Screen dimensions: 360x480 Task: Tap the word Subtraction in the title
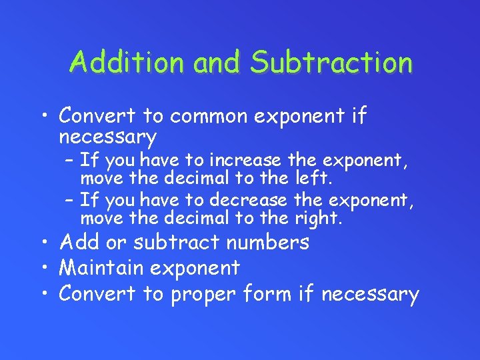point(331,63)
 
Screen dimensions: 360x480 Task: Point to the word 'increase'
point(248,161)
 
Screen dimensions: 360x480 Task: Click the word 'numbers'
point(268,242)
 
